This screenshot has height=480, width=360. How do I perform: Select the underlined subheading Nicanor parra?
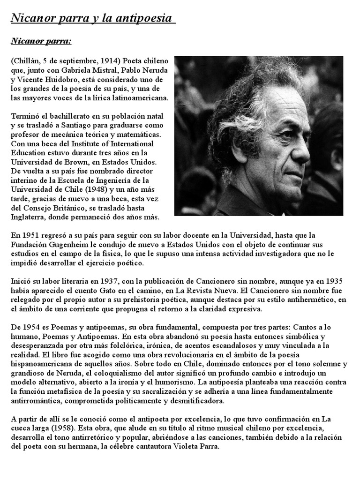pos(41,42)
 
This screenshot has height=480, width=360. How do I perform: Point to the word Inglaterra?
pos(28,217)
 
